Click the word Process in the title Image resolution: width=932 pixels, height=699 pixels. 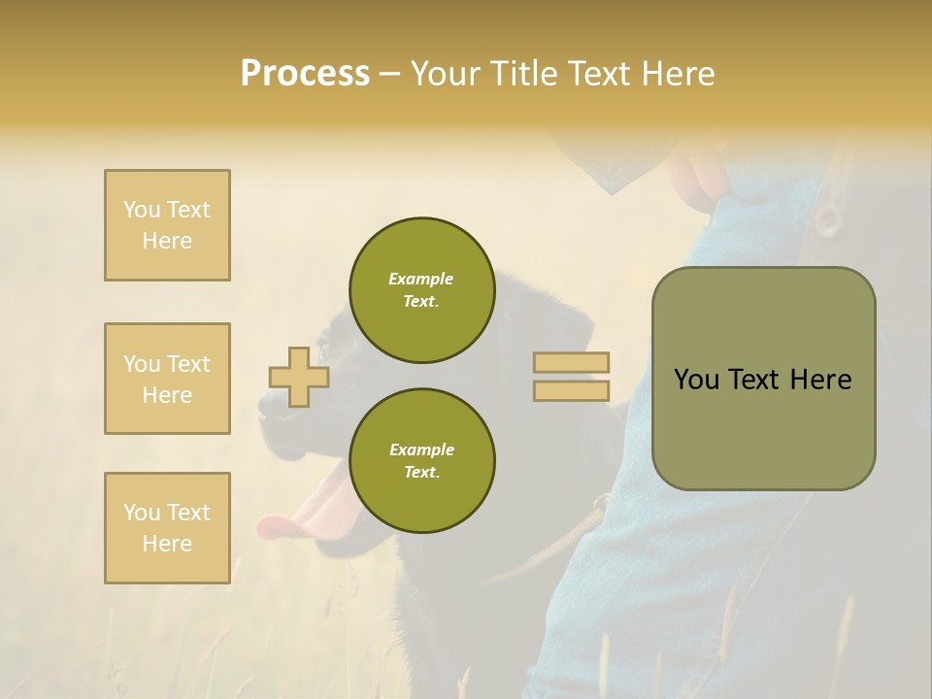coord(305,74)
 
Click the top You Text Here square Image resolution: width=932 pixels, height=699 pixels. coord(167,225)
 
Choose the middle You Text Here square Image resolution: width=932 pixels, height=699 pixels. coord(167,379)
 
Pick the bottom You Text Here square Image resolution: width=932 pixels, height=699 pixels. coord(167,528)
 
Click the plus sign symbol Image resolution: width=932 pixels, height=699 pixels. coord(299,378)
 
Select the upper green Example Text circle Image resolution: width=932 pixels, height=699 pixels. coord(422,290)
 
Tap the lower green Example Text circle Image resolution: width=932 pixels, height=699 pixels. coord(422,461)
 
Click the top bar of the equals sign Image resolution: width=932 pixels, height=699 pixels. coord(571,363)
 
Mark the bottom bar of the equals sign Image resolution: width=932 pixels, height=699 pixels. coord(571,391)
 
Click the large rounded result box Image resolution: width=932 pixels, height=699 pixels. coord(763,379)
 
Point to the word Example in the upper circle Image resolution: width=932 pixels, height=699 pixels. coord(421,279)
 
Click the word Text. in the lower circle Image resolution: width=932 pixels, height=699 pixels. coord(421,473)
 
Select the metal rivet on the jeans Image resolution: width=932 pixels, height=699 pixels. coord(827,219)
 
